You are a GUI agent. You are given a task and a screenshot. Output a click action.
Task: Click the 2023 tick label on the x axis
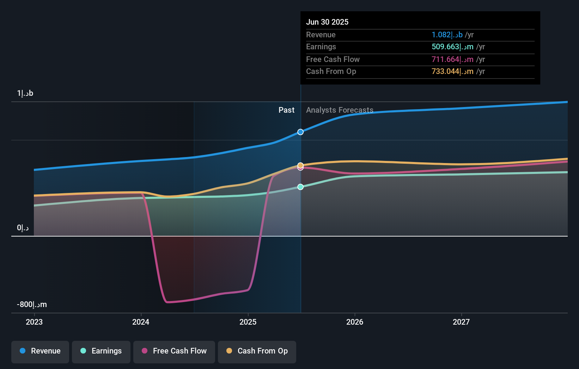click(34, 322)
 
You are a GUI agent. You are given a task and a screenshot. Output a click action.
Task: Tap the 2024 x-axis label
click(141, 322)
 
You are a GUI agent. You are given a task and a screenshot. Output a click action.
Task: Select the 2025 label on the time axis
click(248, 322)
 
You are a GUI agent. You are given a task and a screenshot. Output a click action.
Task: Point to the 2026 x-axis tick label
click(355, 322)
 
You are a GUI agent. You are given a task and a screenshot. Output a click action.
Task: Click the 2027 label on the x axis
click(461, 322)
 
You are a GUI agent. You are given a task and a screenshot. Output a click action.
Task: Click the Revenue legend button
click(40, 351)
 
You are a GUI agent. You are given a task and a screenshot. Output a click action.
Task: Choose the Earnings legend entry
click(101, 351)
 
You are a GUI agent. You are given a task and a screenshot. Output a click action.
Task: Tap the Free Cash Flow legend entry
click(174, 351)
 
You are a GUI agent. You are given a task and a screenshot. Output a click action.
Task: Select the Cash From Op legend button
click(257, 351)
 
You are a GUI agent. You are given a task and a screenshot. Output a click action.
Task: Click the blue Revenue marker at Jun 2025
click(300, 132)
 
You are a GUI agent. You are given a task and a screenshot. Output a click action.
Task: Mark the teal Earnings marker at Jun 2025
click(300, 187)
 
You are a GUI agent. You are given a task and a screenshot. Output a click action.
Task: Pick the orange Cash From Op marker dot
click(300, 165)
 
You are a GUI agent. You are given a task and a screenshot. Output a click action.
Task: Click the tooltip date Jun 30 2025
click(327, 22)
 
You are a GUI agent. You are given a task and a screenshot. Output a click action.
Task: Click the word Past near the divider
click(286, 110)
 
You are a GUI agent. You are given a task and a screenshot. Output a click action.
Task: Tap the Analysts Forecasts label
click(340, 110)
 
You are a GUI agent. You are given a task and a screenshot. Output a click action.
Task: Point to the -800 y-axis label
click(32, 305)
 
